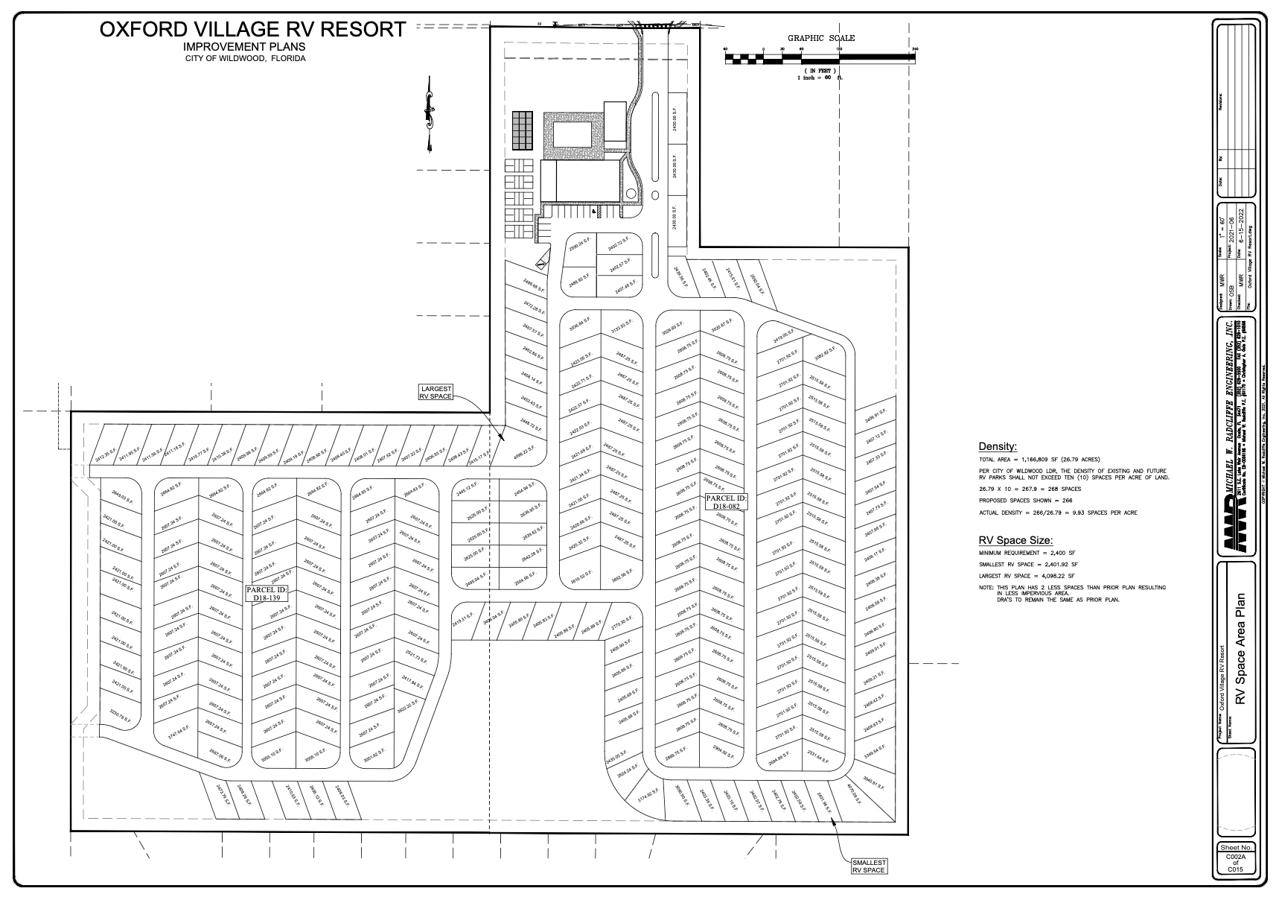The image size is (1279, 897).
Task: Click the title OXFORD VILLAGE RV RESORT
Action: pyautogui.click(x=253, y=30)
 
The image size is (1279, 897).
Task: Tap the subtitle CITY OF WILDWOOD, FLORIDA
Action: pyautogui.click(x=246, y=58)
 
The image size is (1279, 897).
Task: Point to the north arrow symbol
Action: pyautogui.click(x=429, y=116)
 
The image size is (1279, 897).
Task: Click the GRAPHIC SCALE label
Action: pyautogui.click(x=821, y=38)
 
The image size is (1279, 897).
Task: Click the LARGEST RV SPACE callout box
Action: pyautogui.click(x=436, y=393)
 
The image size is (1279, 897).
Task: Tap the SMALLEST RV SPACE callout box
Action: pyautogui.click(x=870, y=866)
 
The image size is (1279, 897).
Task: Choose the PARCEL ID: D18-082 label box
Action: pyautogui.click(x=726, y=501)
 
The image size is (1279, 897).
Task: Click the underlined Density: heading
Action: pyautogui.click(x=998, y=446)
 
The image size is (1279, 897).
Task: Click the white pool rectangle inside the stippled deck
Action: pyautogui.click(x=571, y=134)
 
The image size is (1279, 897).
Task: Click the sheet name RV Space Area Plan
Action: pyautogui.click(x=1240, y=648)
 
